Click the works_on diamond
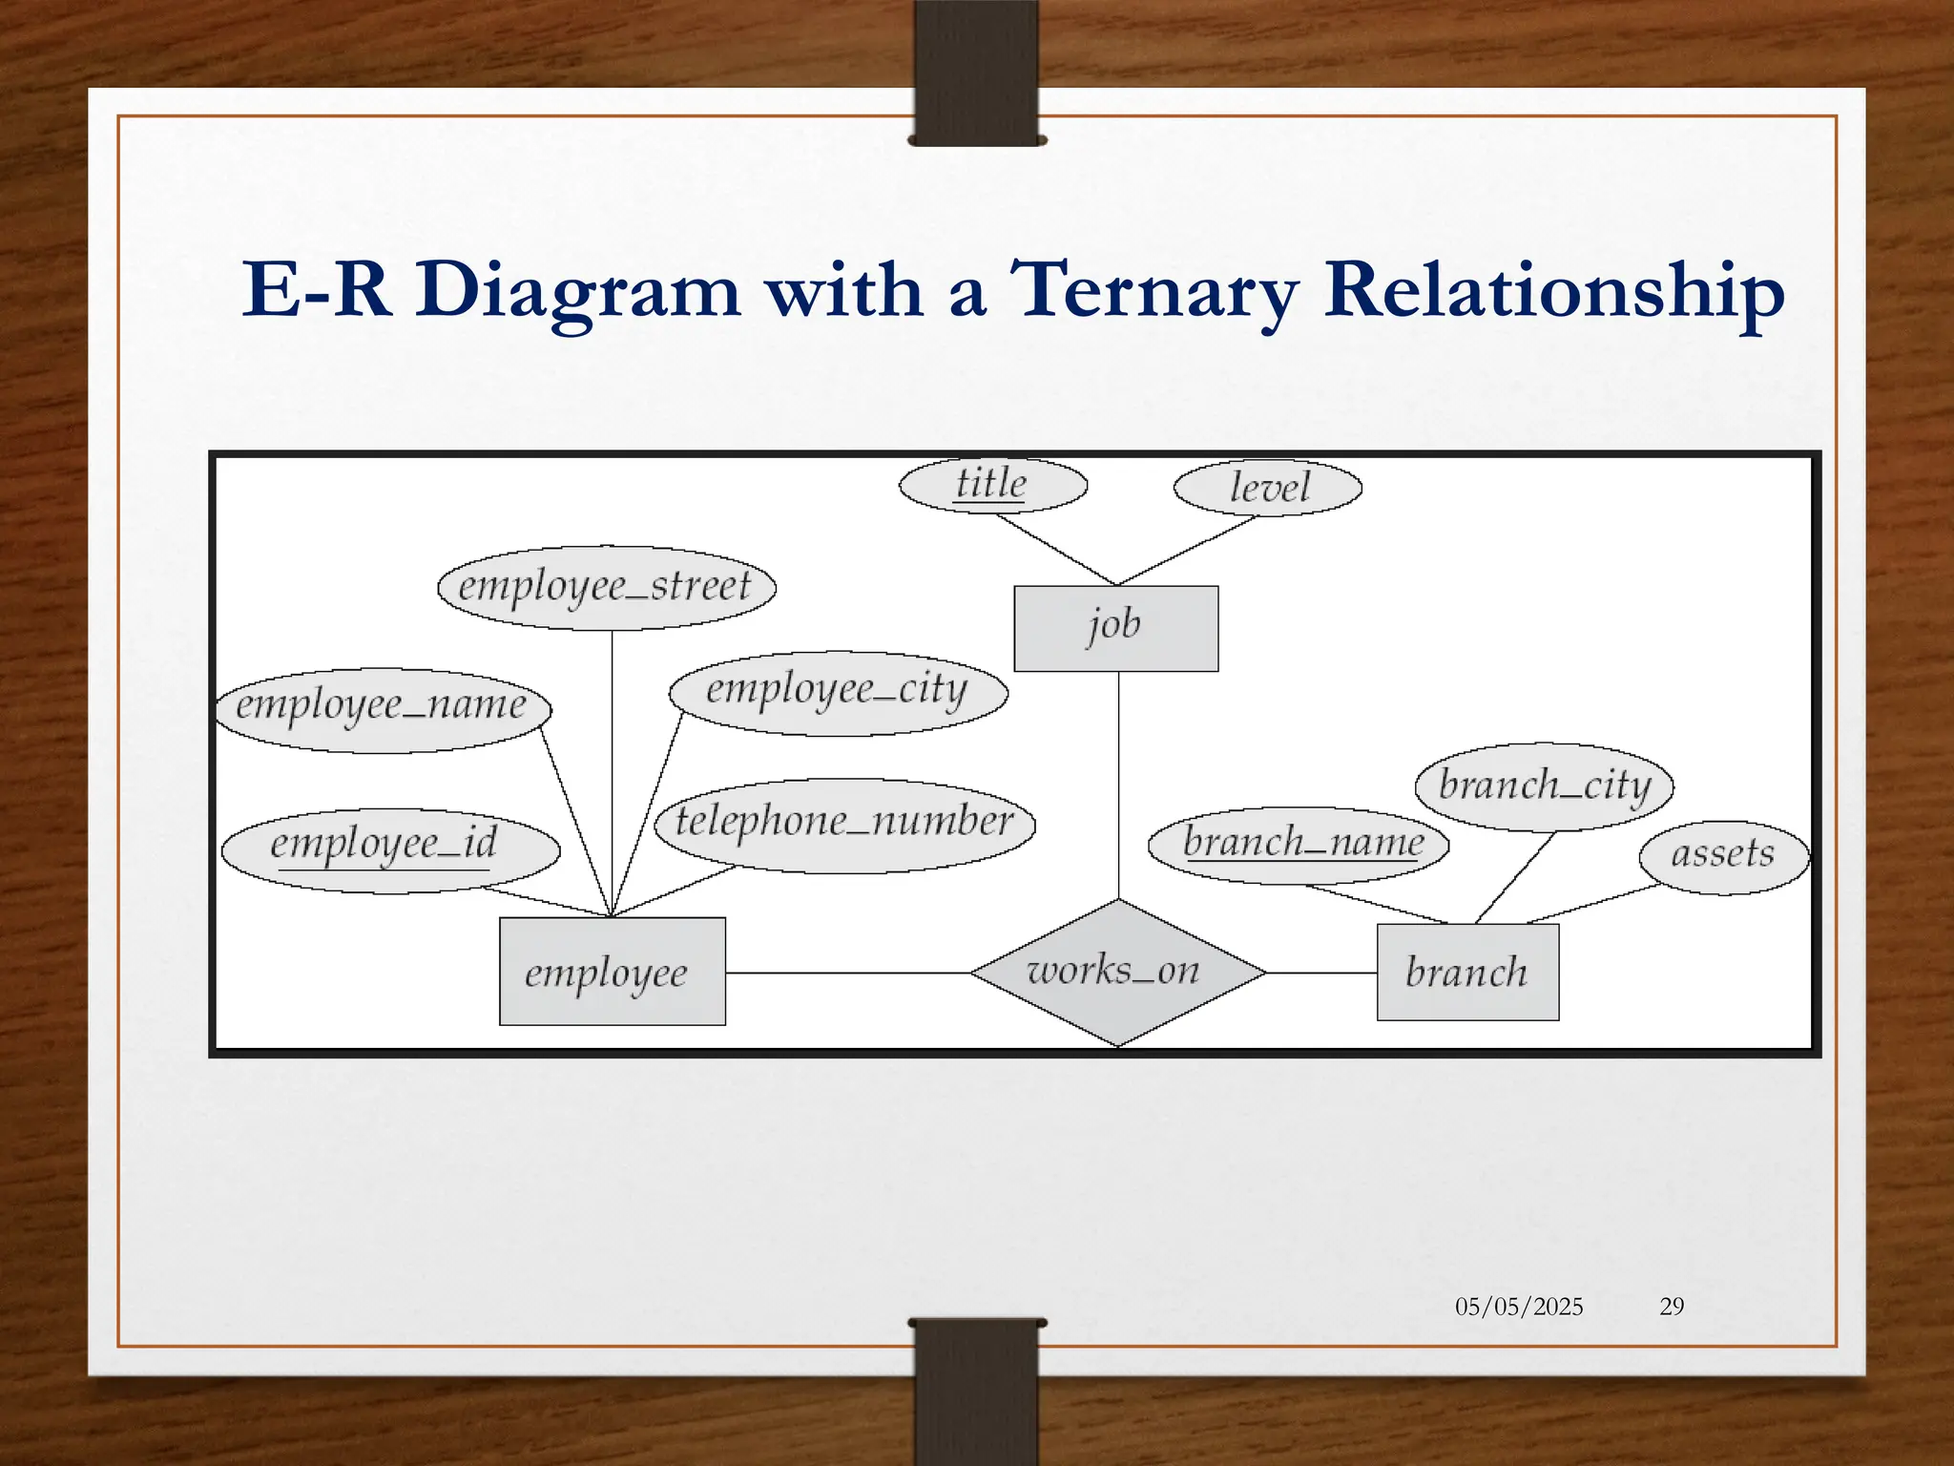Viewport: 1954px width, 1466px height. tap(1117, 973)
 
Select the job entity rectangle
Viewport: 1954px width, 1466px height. tap(1115, 628)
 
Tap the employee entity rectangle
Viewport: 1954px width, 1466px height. tap(612, 972)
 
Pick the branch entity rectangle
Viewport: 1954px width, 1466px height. tap(1467, 972)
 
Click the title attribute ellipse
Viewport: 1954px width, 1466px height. tap(992, 485)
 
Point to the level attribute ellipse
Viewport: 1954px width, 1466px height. tap(1267, 488)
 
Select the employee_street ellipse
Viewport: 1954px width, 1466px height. tap(606, 587)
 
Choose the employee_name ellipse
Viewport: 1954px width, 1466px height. tap(382, 709)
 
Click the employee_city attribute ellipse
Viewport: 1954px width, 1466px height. tap(838, 693)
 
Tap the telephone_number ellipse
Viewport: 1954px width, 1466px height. tap(844, 825)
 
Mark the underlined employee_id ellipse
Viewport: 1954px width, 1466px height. tap(389, 849)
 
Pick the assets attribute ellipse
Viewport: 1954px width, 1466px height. tap(1722, 856)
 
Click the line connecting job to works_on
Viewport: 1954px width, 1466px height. tap(1118, 783)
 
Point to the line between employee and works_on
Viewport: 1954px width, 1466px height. tap(847, 973)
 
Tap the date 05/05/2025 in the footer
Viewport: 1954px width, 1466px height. tap(1518, 1306)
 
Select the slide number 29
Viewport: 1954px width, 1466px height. tap(1672, 1306)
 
